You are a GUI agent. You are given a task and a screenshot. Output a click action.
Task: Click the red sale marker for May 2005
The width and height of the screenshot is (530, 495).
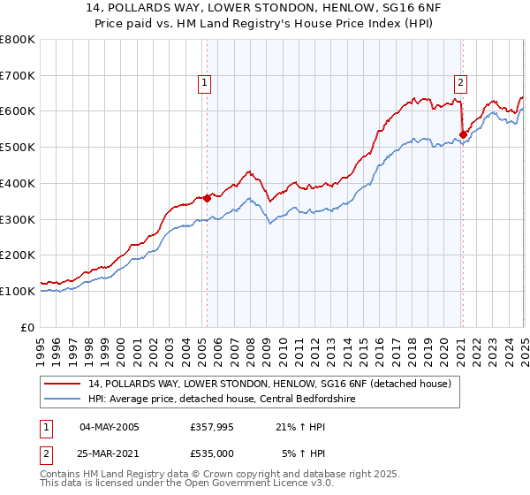coord(207,198)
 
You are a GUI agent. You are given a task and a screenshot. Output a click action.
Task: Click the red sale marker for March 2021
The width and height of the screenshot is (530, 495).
coord(463,134)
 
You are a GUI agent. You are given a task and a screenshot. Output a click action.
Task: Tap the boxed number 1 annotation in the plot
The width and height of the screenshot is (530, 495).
coord(204,84)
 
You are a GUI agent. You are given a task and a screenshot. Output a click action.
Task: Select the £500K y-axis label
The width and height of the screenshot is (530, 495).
coord(18,148)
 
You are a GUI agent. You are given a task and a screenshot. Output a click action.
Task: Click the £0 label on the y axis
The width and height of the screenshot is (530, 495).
coord(29,327)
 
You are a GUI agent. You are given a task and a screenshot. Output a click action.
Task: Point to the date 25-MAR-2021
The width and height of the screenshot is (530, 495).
coord(110,453)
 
